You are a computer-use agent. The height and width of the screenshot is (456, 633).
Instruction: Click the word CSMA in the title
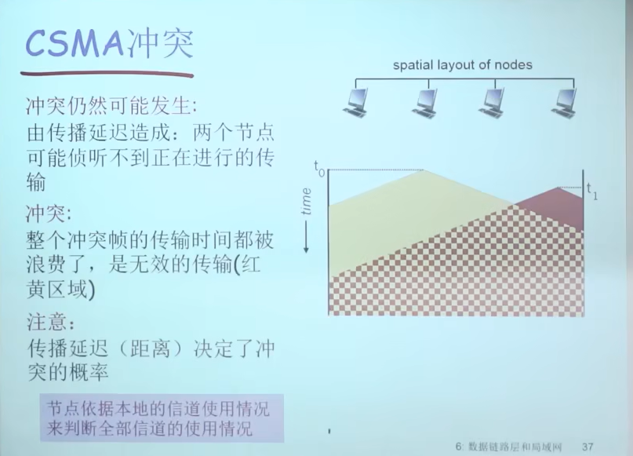[75, 43]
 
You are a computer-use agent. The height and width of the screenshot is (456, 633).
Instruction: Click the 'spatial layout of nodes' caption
[462, 65]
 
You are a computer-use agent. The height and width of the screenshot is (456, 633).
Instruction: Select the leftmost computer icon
[355, 103]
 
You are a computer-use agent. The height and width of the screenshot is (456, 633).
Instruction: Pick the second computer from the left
[424, 103]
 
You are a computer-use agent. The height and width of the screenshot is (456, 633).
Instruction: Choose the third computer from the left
[492, 103]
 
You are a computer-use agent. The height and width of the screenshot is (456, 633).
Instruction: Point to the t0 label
[319, 168]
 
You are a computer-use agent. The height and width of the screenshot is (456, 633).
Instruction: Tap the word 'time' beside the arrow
[307, 201]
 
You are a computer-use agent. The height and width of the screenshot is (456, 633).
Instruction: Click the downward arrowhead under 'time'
[306, 249]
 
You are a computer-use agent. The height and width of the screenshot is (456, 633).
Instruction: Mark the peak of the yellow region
[423, 170]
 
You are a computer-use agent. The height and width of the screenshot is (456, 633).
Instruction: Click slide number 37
[588, 447]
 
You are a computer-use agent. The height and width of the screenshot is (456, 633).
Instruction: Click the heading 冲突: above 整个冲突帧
[49, 213]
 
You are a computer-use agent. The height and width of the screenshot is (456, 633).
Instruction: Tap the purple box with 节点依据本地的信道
[162, 418]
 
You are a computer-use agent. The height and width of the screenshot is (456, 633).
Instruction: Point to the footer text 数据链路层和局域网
[515, 447]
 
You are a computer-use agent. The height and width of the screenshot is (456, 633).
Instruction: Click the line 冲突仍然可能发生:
[112, 106]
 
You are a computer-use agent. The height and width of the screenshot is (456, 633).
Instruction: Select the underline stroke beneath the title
[107, 74]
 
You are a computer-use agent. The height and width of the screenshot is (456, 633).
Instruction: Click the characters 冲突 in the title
[160, 43]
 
